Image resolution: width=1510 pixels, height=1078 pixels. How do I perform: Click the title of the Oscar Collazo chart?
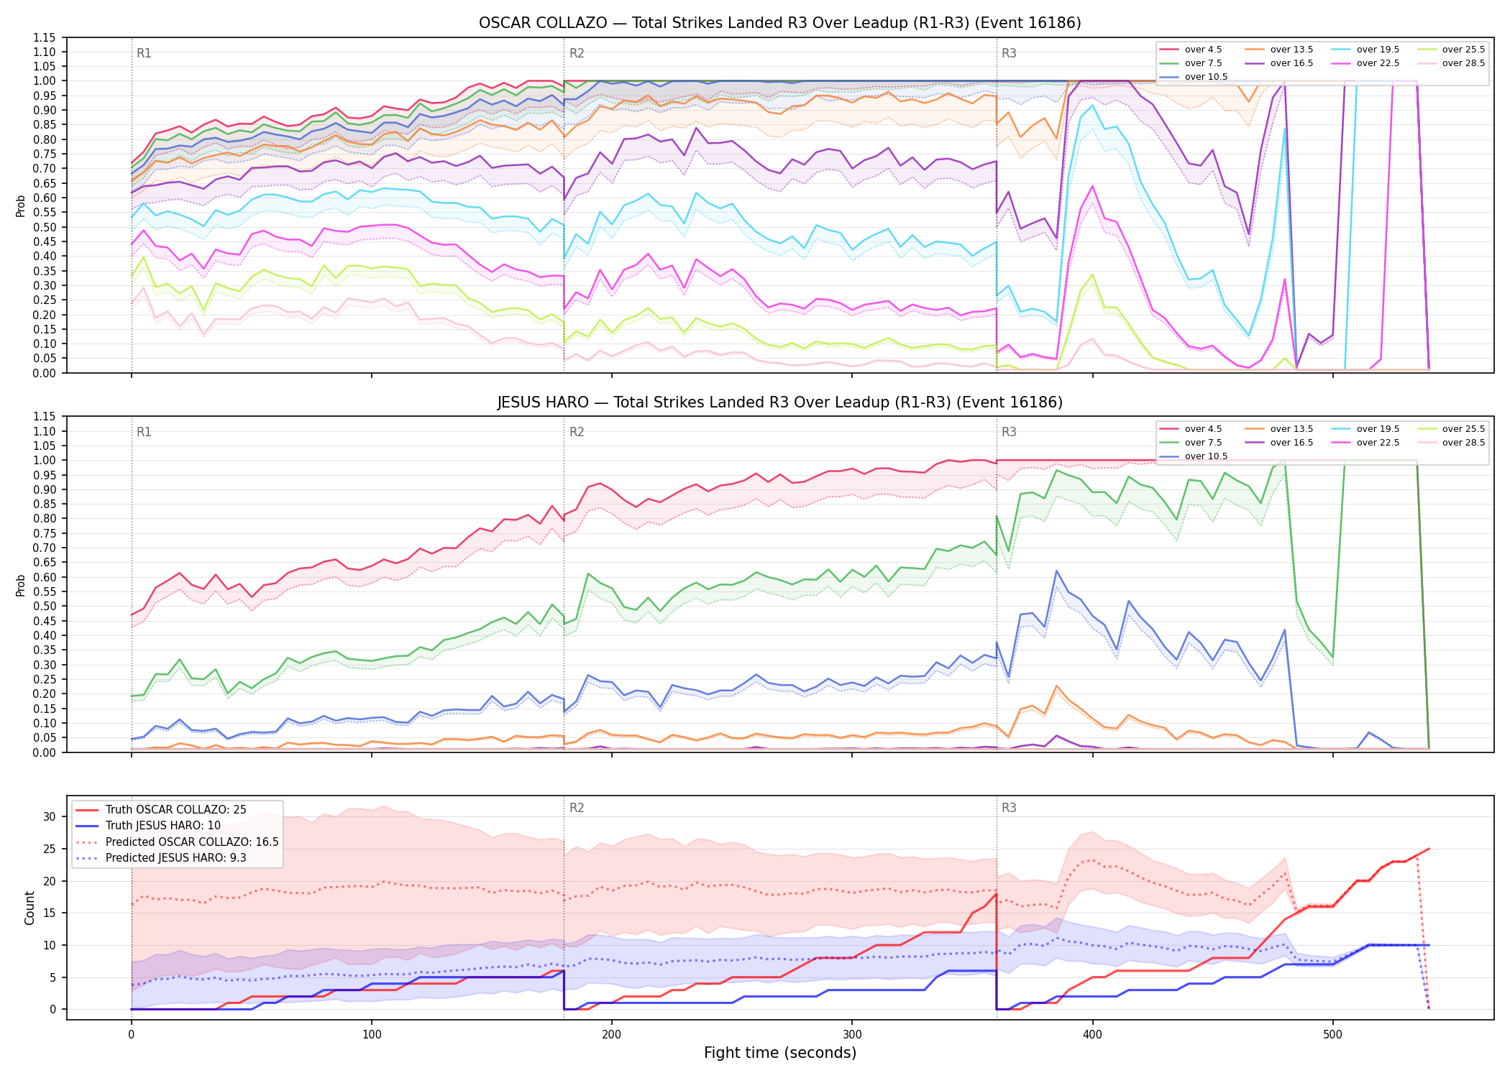tap(780, 23)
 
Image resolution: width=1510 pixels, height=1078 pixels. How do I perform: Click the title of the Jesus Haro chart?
tap(780, 402)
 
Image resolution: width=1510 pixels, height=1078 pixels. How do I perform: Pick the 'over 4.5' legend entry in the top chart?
tap(1191, 50)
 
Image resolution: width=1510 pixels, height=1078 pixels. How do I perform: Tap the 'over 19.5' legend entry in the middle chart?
tap(1365, 429)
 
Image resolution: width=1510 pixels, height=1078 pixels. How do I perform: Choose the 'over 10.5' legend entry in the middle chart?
tap(1194, 456)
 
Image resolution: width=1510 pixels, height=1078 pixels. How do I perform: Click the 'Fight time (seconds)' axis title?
tap(780, 1053)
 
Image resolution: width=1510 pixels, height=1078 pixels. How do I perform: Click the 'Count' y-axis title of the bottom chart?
tap(29, 908)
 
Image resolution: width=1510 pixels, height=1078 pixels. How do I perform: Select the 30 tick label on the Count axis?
tap(50, 816)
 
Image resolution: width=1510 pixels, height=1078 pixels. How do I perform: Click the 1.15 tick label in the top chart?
tap(45, 37)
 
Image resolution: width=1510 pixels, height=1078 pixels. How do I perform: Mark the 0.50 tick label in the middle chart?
tap(45, 606)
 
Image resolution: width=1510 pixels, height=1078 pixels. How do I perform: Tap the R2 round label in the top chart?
tap(577, 53)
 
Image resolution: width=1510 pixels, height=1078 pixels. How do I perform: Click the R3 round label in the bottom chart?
tap(1009, 808)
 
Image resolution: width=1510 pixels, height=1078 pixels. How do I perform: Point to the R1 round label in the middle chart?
tap(144, 432)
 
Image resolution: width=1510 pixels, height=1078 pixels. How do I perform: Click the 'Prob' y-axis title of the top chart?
tap(21, 206)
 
